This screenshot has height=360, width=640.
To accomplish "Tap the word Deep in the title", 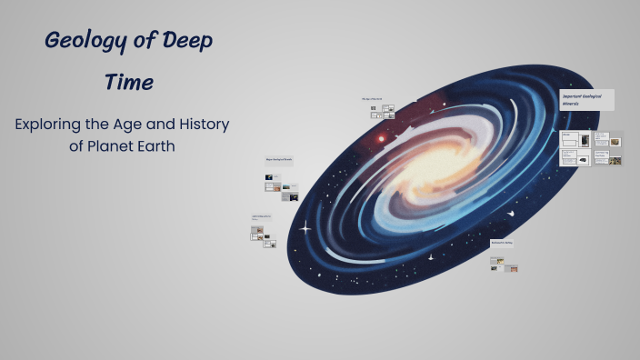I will (187, 42).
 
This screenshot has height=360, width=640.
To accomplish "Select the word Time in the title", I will (128, 83).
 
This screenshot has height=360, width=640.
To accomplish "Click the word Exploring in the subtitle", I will (54, 125).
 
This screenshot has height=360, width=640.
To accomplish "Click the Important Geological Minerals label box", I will (586, 100).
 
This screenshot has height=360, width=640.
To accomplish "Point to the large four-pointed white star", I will (306, 226).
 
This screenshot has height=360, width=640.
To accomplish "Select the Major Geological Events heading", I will (279, 160).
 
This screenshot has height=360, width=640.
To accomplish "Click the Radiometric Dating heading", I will (503, 243).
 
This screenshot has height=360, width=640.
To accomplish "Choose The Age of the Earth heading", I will (372, 98).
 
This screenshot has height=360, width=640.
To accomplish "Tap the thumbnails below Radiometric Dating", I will (505, 265).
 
